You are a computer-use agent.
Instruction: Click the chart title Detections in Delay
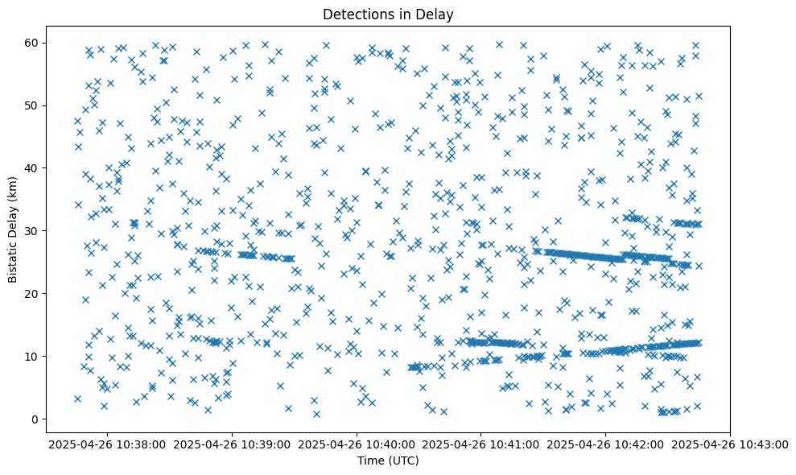click(x=388, y=14)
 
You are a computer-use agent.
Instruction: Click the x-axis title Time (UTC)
click(x=388, y=461)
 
